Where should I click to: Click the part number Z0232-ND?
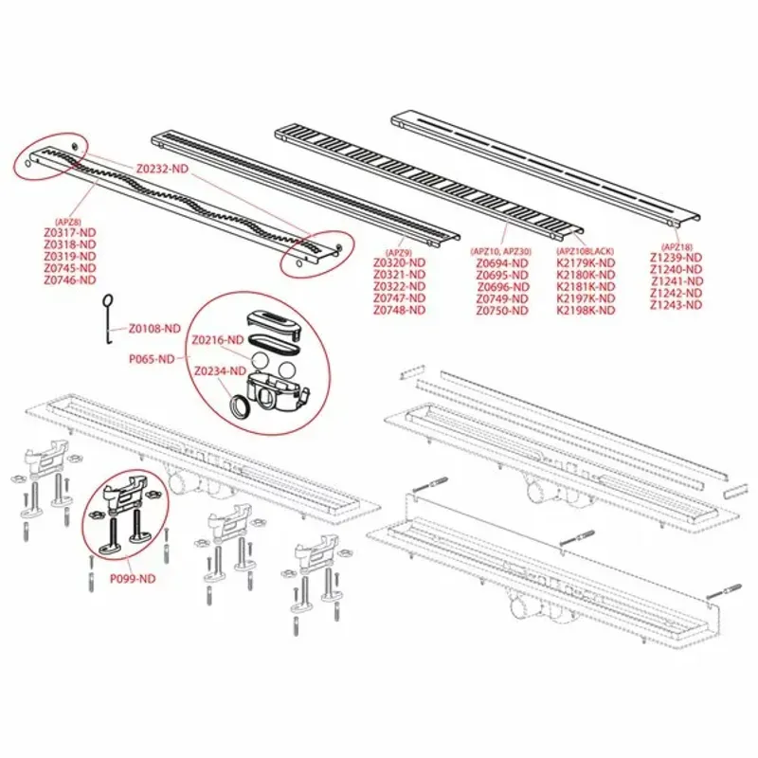(162, 168)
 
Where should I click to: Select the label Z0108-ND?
(153, 328)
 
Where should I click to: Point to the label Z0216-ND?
(218, 339)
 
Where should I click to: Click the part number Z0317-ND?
(69, 231)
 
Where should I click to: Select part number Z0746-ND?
(69, 280)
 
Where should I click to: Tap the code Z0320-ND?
(399, 262)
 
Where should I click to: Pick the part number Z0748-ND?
(399, 311)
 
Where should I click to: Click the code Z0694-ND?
(502, 262)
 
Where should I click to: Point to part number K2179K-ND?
(586, 262)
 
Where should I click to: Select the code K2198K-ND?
(586, 311)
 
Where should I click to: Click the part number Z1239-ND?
(677, 257)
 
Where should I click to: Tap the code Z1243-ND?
(677, 305)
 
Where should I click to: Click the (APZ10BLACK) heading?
(586, 251)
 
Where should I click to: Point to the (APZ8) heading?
(69, 221)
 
